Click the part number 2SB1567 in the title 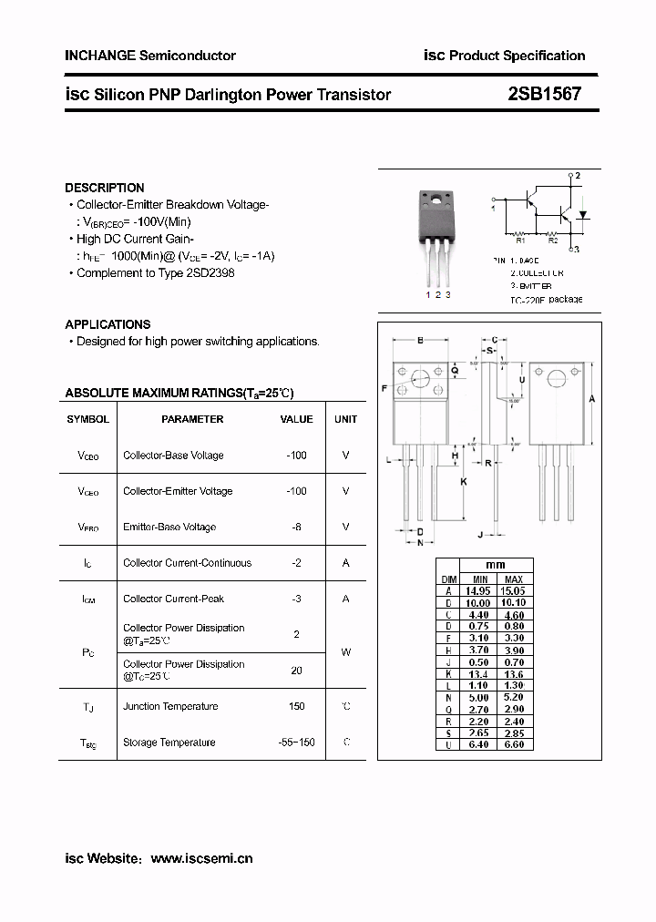tap(544, 94)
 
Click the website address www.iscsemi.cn tap(201, 858)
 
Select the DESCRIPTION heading tap(105, 188)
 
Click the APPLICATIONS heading tap(108, 324)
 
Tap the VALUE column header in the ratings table tap(296, 419)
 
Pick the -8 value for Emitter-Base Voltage tap(296, 527)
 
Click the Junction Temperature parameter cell tap(170, 706)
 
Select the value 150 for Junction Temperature tap(296, 706)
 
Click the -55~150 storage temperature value tap(296, 743)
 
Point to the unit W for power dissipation tap(345, 652)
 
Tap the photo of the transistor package tap(437, 237)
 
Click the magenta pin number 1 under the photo tap(428, 295)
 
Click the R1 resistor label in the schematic tap(520, 241)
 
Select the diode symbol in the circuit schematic tap(584, 216)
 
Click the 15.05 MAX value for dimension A tap(514, 590)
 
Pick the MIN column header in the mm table tap(480, 579)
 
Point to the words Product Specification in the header tap(518, 56)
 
